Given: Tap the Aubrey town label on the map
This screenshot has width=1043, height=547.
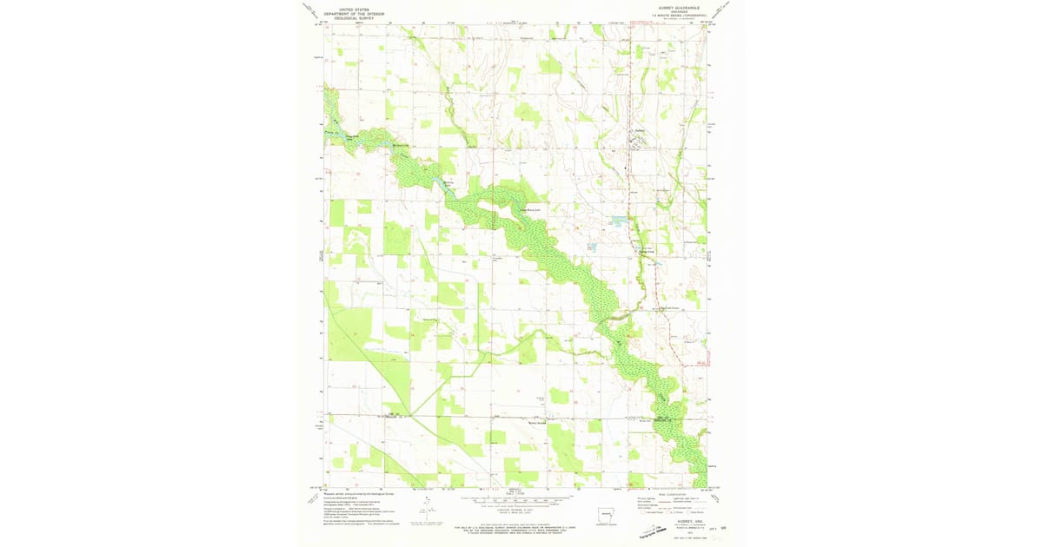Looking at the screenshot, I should [x=640, y=131].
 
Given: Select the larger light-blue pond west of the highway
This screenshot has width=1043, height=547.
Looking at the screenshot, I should [x=619, y=221].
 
